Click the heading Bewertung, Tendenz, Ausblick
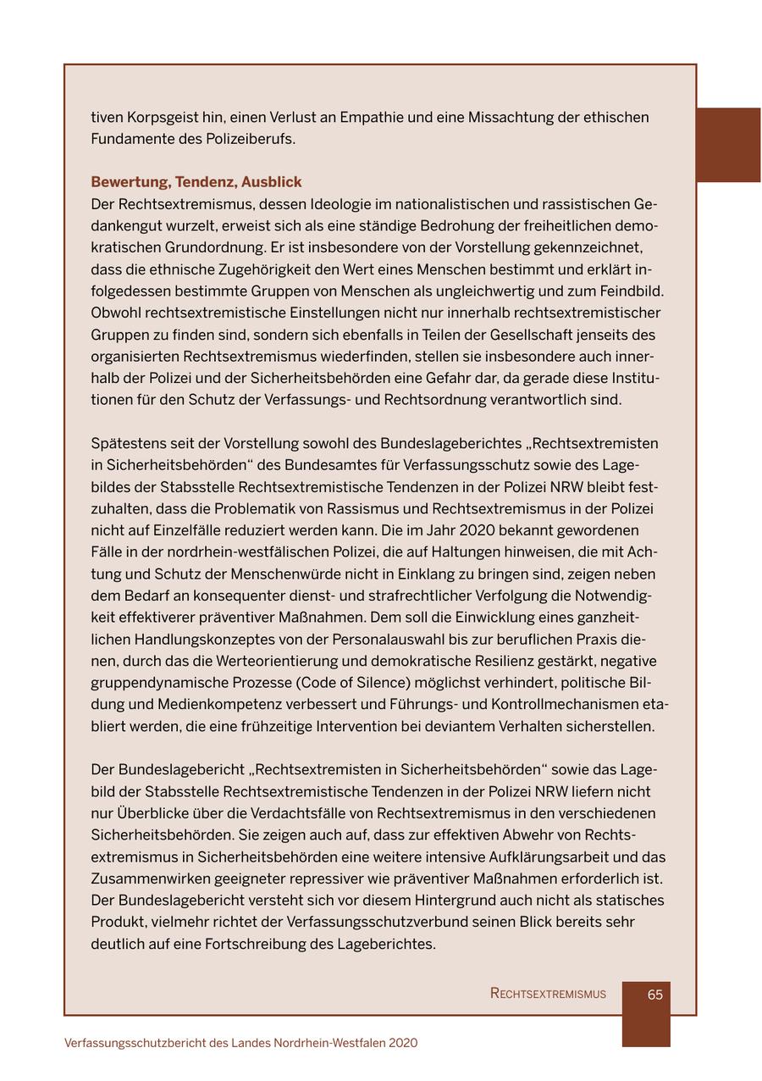[x=196, y=182]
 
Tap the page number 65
[x=654, y=995]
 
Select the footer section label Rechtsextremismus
[x=548, y=995]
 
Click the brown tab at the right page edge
[x=727, y=145]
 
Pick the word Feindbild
[x=631, y=291]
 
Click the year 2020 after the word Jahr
[x=483, y=530]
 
